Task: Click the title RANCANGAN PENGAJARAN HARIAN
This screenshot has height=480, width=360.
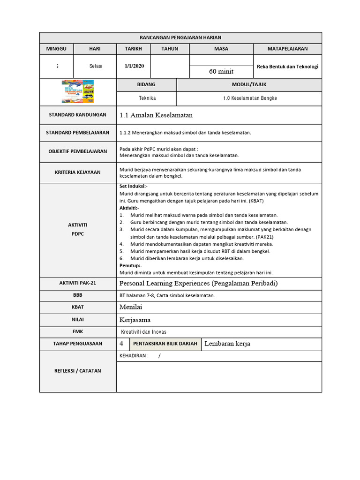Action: pos(180,37)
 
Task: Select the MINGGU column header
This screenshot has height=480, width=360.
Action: pos(56,49)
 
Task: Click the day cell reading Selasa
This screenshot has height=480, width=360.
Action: pos(96,66)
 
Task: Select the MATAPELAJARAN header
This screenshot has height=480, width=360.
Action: pos(287,49)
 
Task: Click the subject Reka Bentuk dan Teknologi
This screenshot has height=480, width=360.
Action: pos(287,67)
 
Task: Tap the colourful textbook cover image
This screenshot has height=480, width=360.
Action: pos(78,92)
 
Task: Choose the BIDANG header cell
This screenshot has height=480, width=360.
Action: pos(146,85)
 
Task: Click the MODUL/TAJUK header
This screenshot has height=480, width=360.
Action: pos(248,85)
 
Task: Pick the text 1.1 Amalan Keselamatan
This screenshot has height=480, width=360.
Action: pos(156,115)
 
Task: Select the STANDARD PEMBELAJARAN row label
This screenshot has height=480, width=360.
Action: pos(78,133)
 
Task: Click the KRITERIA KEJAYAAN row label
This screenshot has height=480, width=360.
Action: pos(78,172)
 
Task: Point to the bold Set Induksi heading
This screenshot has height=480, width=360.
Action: pos(134,187)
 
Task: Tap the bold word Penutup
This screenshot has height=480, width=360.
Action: pos(131,265)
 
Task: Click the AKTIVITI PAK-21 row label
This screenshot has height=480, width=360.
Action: pos(78,284)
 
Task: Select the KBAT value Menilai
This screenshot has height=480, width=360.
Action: pos(131,307)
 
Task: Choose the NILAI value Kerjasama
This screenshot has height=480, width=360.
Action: pos(135,320)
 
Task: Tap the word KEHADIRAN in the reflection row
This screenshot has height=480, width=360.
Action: pos(134,356)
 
